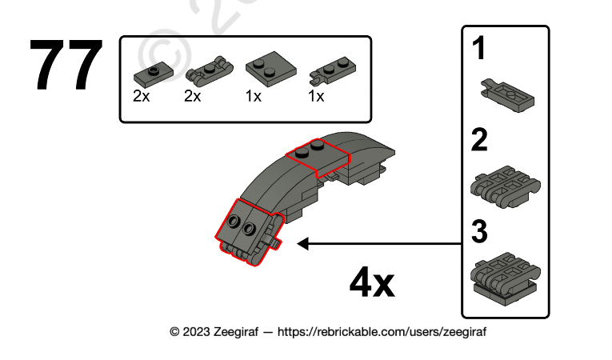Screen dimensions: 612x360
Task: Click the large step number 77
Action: (66, 65)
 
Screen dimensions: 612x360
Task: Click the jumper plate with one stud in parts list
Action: (154, 75)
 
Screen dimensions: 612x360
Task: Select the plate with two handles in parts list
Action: (210, 71)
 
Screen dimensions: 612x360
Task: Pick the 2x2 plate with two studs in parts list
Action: (271, 69)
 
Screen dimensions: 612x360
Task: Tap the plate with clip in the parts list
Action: (333, 71)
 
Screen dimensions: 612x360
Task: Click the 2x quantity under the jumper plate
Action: (142, 96)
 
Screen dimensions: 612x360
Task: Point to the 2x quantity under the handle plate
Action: (193, 96)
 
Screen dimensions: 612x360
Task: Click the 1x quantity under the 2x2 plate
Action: (254, 96)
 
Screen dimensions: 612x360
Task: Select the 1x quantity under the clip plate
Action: (316, 96)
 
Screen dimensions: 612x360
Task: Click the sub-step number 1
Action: (479, 49)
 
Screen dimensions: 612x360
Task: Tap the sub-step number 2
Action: (479, 140)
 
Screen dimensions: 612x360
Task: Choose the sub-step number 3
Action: (480, 231)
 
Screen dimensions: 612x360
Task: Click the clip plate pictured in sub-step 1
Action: (507, 96)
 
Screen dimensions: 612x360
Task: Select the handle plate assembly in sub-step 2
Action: (506, 186)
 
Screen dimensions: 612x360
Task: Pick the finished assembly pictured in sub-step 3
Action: (506, 278)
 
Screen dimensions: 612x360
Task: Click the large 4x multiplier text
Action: (372, 282)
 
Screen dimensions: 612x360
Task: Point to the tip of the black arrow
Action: (298, 244)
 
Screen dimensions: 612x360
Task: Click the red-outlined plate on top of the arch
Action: (318, 158)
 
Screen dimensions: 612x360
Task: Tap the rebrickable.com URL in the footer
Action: (382, 332)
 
